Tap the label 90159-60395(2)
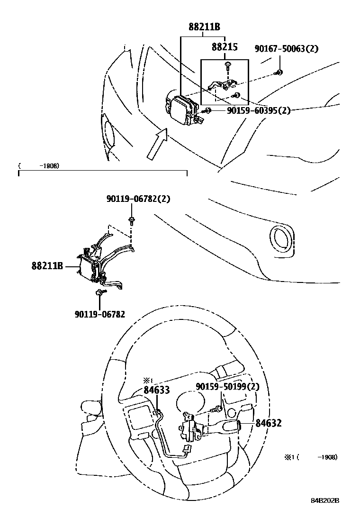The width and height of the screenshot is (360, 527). (258, 110)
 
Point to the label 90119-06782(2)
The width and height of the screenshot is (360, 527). (138, 200)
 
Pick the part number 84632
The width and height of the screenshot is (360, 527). (269, 423)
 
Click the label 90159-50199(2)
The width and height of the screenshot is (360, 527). (227, 387)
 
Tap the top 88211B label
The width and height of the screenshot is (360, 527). (204, 27)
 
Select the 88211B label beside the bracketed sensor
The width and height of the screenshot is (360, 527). (47, 267)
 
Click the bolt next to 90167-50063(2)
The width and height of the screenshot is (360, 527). (279, 73)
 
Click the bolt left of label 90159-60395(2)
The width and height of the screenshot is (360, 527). (207, 110)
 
